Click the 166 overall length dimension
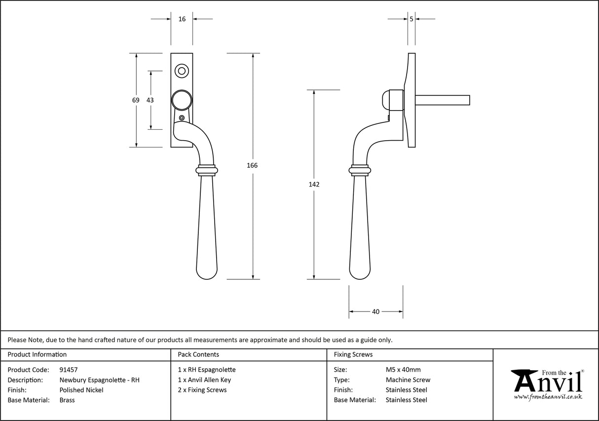pos(252,165)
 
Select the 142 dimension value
pos(314,185)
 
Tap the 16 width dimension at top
pos(182,19)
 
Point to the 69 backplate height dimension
pos(136,100)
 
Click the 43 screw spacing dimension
pos(150,100)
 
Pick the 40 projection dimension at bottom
pos(375,311)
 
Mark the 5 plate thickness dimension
pos(411,19)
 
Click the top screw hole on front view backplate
pos(182,71)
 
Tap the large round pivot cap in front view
pos(182,100)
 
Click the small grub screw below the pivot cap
pos(182,118)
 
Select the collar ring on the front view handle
pos(206,170)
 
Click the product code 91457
pos(68,370)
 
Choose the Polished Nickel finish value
pos(81,390)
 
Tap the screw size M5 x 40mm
pos(403,370)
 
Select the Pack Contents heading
pos(198,354)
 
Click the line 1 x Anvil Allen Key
pos(204,380)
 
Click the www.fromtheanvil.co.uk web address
pos(548,396)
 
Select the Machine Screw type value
pos(408,380)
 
